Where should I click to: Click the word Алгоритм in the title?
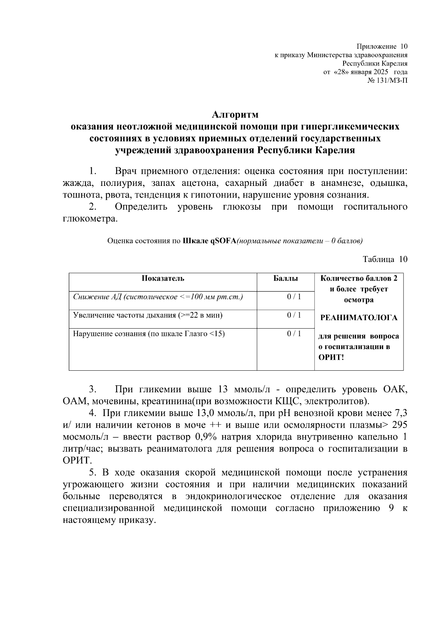pos(235,115)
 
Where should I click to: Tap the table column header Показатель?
pos(163,278)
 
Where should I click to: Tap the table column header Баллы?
pos(285,278)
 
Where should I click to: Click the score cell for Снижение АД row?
pos(294,297)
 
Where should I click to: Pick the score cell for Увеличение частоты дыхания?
pos(294,315)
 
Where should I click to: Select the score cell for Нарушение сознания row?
pos(294,333)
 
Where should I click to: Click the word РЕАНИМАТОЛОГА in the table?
pos(359,318)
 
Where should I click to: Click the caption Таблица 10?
pos(385,259)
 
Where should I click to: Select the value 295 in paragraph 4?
pos(399,425)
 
